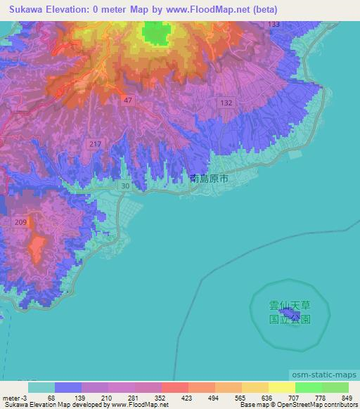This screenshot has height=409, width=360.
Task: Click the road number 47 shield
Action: [x=129, y=101]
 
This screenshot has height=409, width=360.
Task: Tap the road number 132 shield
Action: [x=226, y=103]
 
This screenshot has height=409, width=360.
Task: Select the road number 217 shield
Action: [x=96, y=144]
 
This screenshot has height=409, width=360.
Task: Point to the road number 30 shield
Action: [x=124, y=186]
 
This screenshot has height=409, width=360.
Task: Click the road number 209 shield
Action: [x=20, y=223]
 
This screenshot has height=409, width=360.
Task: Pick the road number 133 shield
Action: [x=274, y=25]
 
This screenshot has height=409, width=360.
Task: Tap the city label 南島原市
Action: [x=209, y=179]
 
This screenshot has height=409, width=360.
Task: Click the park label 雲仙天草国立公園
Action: [x=288, y=312]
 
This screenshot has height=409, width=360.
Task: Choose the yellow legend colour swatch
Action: [x=281, y=387]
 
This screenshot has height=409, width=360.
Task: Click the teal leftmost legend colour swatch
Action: [x=41, y=387]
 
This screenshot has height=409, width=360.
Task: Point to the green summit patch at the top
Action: [x=156, y=32]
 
